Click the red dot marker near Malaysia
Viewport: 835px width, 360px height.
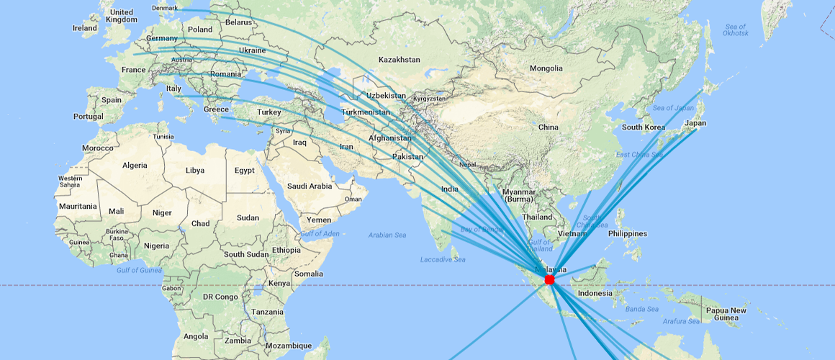coord(550,279)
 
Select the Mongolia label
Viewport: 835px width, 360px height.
coord(546,68)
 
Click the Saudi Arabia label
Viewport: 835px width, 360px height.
coord(310,186)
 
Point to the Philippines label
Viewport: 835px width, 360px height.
coord(627,233)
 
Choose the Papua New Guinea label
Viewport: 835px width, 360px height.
coord(726,314)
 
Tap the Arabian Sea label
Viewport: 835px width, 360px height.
coord(387,235)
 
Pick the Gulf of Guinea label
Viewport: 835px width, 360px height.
coord(139,270)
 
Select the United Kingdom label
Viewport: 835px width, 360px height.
coord(121,16)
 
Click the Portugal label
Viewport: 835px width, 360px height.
coord(89,117)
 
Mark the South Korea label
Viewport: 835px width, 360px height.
coord(643,127)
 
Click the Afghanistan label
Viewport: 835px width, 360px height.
coord(389,138)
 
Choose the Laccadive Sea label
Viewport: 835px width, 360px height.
coord(443,259)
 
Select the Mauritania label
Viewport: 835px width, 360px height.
coord(78,206)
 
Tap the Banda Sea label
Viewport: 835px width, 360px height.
coord(642,309)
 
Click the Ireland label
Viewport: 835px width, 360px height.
coord(85,28)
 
